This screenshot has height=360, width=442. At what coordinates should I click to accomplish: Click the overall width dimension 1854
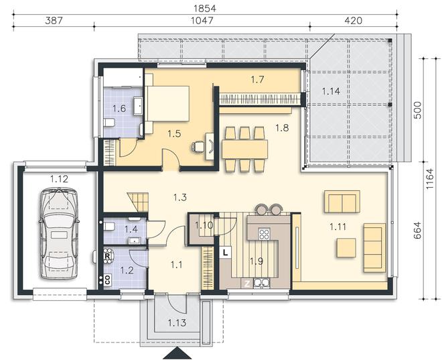(205, 9)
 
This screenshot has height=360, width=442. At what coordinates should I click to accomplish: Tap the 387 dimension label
(54, 21)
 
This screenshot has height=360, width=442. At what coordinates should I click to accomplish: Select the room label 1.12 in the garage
(59, 179)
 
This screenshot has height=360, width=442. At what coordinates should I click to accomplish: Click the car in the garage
(58, 233)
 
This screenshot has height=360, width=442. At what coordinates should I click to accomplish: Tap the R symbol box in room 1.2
(107, 256)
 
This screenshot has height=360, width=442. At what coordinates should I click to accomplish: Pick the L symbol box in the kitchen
(225, 252)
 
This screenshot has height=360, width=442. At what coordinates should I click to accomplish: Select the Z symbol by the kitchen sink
(247, 284)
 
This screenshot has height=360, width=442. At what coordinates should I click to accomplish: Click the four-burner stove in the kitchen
(264, 234)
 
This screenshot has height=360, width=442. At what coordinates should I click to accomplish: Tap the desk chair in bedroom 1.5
(198, 146)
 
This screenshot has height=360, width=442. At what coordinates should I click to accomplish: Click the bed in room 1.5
(167, 103)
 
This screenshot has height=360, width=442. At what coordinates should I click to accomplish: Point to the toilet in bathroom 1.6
(109, 123)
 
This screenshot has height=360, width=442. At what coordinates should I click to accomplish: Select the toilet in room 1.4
(109, 227)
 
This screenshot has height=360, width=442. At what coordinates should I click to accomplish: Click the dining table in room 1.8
(244, 149)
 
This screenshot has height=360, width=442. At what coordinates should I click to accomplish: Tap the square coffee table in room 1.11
(346, 248)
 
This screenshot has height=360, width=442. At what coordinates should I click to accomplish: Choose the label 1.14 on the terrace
(331, 91)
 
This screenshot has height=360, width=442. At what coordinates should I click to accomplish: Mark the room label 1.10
(204, 225)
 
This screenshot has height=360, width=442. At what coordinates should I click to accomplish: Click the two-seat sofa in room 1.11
(342, 201)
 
